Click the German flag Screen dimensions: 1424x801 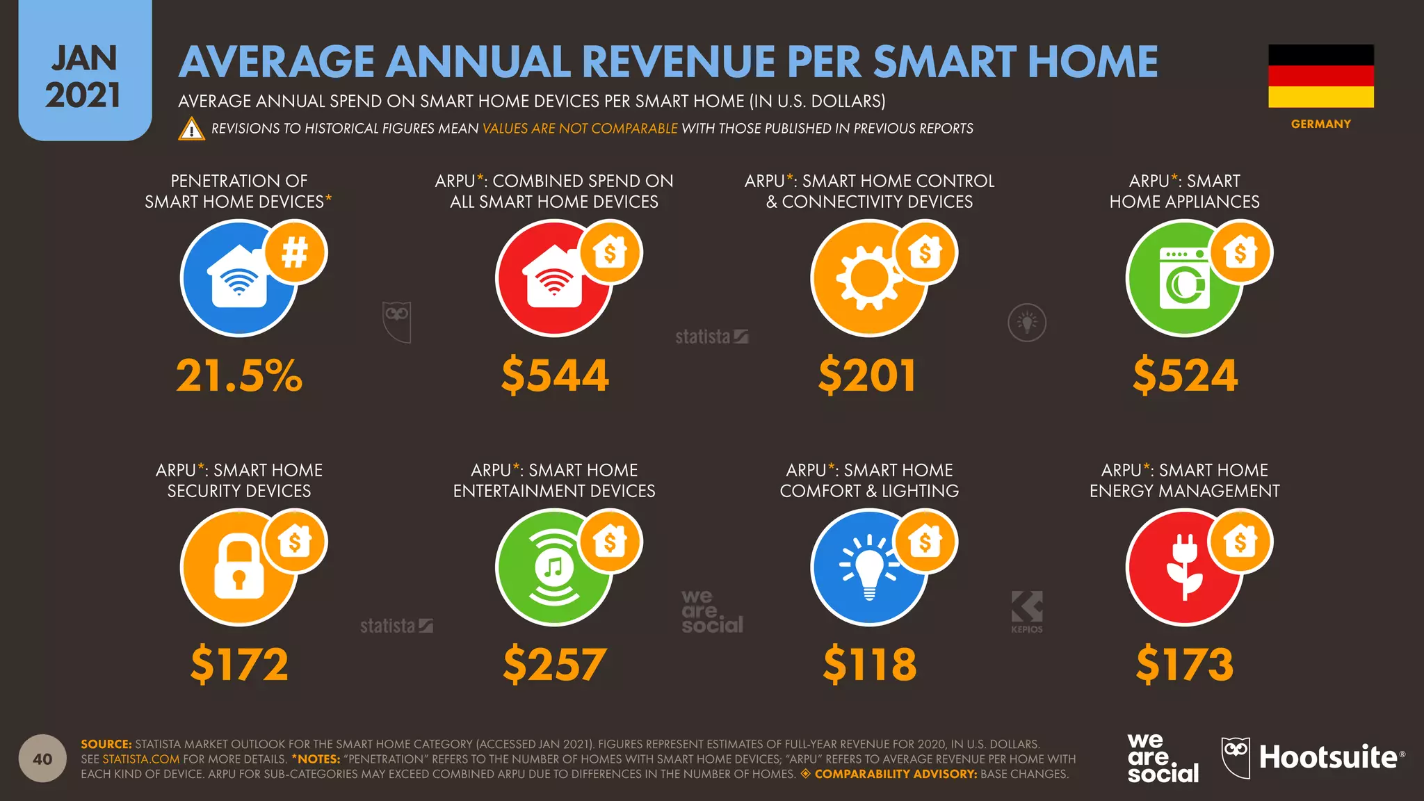[1321, 76]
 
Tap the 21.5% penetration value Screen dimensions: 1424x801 [239, 375]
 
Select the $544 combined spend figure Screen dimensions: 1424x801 [555, 375]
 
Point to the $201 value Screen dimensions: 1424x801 [868, 375]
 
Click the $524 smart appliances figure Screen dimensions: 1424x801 [1186, 375]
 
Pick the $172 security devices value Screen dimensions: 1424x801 [239, 664]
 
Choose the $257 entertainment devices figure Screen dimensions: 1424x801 [555, 664]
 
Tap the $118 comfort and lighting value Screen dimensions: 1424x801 [870, 664]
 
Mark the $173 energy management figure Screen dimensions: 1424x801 [1185, 664]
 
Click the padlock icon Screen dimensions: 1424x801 [238, 566]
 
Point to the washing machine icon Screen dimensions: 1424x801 [1185, 278]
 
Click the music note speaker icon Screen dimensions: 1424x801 [553, 567]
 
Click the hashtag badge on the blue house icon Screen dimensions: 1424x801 [295, 252]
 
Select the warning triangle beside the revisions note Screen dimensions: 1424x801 [191, 129]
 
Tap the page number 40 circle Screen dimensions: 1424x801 [42, 759]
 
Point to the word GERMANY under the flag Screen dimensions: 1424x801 [1321, 124]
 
